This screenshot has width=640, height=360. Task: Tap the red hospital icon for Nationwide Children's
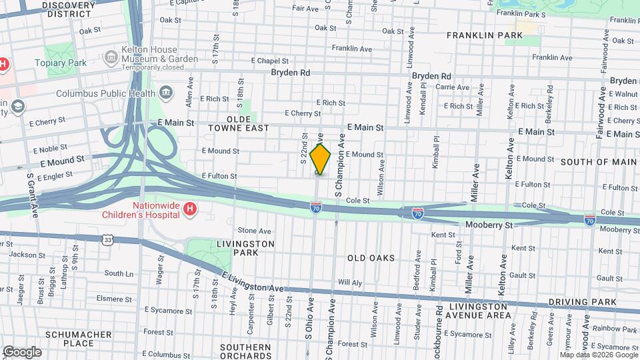[x=190, y=210]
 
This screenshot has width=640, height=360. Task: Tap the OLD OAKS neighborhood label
[x=371, y=258]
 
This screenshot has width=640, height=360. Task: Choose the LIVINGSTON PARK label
[x=245, y=249]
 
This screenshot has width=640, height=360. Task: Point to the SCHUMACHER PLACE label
[x=70, y=339]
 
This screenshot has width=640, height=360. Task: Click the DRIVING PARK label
[x=582, y=303]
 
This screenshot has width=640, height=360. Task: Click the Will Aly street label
[x=349, y=282]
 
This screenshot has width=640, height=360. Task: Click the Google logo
[x=22, y=352]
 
